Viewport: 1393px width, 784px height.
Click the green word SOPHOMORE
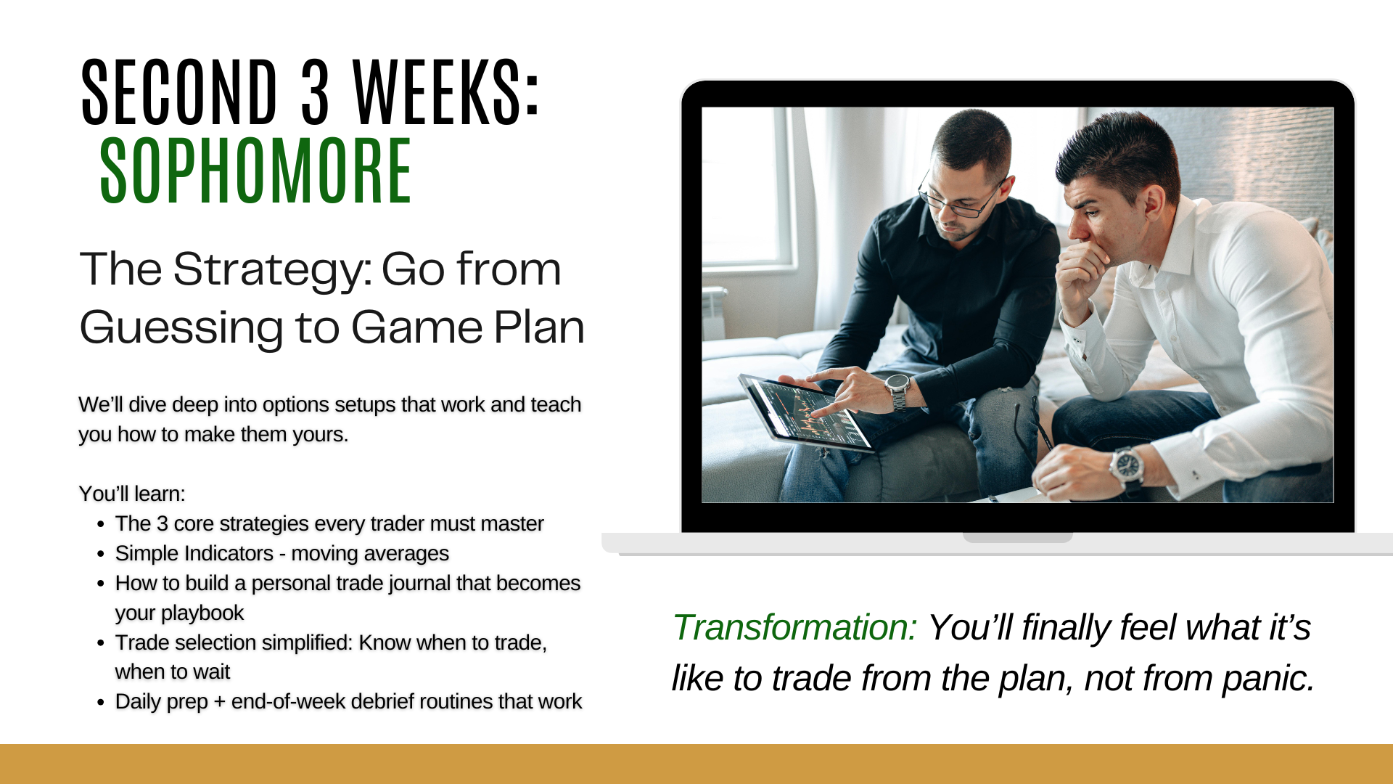tap(256, 171)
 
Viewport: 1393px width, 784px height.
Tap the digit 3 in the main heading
tap(315, 91)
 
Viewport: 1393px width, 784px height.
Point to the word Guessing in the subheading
tap(181, 328)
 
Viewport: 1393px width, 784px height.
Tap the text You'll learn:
tap(132, 494)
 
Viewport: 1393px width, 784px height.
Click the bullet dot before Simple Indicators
tap(101, 554)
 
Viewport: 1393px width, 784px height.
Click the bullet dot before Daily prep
tap(101, 702)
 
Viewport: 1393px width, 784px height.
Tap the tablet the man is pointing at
tap(804, 414)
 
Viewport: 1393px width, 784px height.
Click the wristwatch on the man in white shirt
tap(1127, 466)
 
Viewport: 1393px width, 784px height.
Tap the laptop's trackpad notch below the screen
tap(1017, 538)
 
